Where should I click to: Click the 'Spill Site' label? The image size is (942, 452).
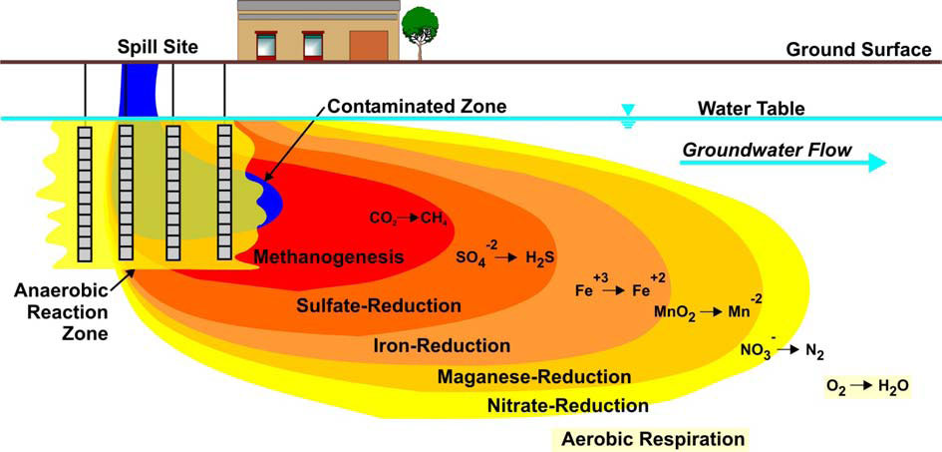(158, 46)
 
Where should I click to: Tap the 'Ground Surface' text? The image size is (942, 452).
(859, 49)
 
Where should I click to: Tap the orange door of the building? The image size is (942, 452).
(368, 46)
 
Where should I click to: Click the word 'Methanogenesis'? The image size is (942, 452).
(327, 257)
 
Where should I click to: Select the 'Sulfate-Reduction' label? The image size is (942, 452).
(379, 305)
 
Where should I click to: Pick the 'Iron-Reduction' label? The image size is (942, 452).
(443, 346)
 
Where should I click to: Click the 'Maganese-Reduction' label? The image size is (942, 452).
(534, 377)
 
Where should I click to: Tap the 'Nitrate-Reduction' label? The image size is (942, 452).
(568, 406)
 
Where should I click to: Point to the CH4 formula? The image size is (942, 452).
(434, 218)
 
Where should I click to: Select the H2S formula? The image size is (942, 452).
(539, 257)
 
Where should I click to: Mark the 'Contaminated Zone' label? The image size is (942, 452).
(417, 107)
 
